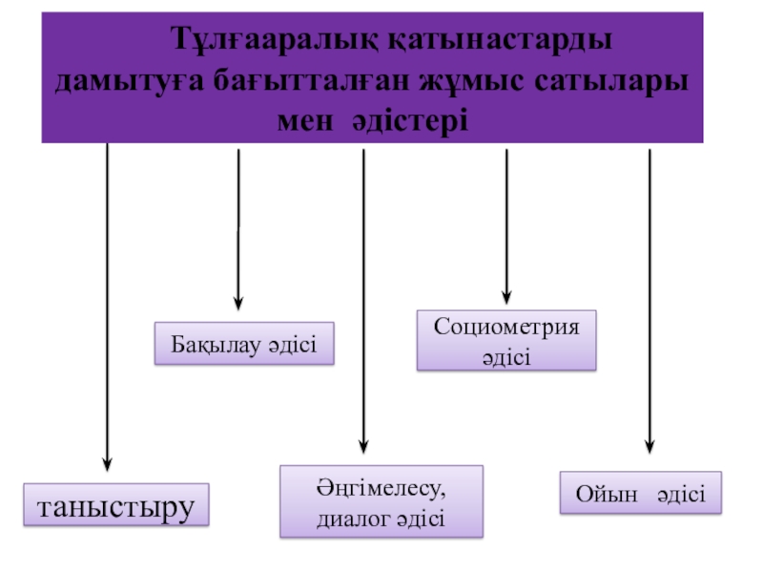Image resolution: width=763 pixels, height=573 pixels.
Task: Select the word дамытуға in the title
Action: pyautogui.click(x=122, y=82)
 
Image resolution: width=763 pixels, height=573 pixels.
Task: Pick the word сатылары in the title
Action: pyautogui.click(x=606, y=82)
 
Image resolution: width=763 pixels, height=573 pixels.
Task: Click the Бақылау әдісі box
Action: pyautogui.click(x=244, y=344)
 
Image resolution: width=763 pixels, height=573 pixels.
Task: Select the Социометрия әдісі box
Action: pyautogui.click(x=505, y=340)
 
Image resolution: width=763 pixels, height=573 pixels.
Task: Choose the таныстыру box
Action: pyautogui.click(x=115, y=505)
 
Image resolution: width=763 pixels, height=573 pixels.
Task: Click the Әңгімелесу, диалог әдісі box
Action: pyautogui.click(x=381, y=501)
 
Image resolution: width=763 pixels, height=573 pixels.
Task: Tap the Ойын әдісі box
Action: pyautogui.click(x=640, y=494)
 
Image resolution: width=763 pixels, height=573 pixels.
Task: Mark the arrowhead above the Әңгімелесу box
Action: pyautogui.click(x=363, y=443)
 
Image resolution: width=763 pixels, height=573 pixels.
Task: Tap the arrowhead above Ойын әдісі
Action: pyautogui.click(x=650, y=443)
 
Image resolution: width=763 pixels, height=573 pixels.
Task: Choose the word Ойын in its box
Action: pyautogui.click(x=599, y=495)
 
